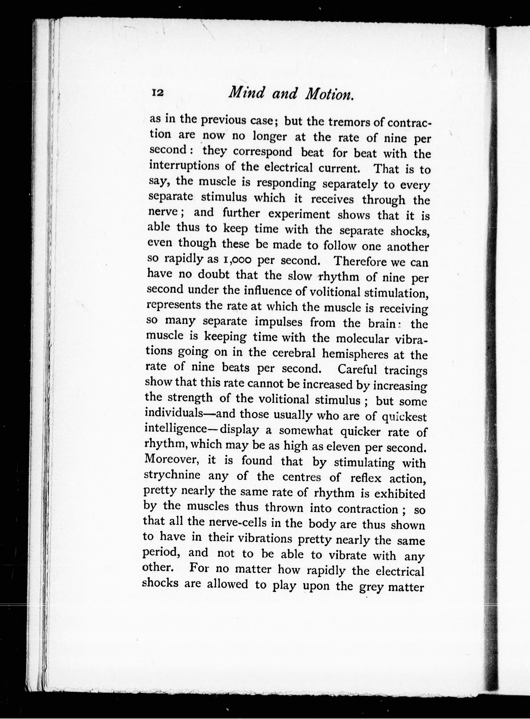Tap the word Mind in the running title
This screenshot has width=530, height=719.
[x=246, y=93]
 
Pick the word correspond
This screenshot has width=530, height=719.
[x=262, y=152]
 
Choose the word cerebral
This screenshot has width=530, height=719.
[x=293, y=353]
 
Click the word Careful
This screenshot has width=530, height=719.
[x=357, y=369]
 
